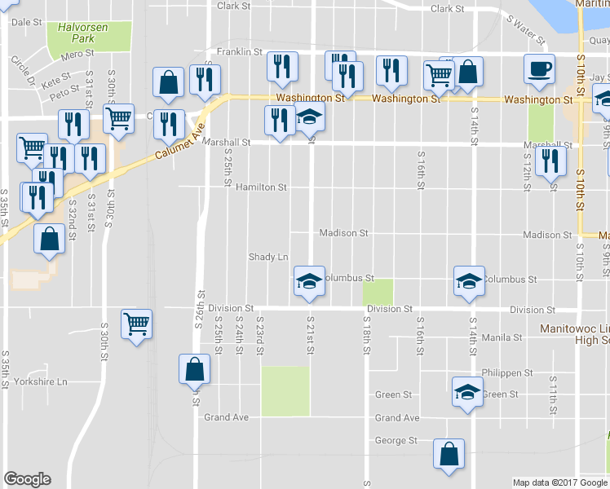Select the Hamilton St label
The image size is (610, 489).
[x=261, y=187]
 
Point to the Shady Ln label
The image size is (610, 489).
[x=268, y=258]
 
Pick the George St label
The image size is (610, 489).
[x=396, y=441]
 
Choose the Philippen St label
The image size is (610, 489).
[x=506, y=373]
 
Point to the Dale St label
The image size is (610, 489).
[x=27, y=22]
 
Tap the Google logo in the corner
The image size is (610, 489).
[x=27, y=479]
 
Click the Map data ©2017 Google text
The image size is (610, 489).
[x=559, y=482]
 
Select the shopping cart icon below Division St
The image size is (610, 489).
[x=137, y=324]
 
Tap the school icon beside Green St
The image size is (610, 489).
[x=467, y=391]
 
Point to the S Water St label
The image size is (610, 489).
[x=525, y=29]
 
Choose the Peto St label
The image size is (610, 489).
[x=63, y=95]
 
